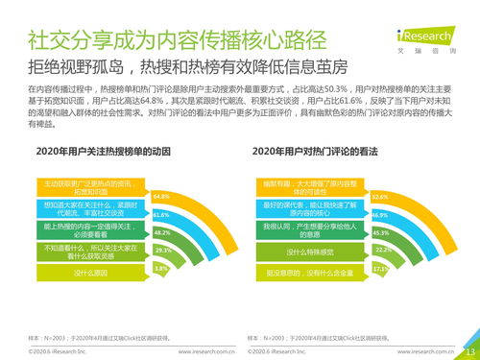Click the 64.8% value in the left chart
pos(161,196)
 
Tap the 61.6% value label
pos(161,215)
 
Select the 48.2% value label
pos(161,232)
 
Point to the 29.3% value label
pos(161,250)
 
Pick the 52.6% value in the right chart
pos(379,196)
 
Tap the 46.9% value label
pos(379,215)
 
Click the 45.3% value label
pos(379,232)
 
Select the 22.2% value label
pos(380,250)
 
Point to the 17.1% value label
pos(379,269)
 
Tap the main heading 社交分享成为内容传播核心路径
pos(178,42)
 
